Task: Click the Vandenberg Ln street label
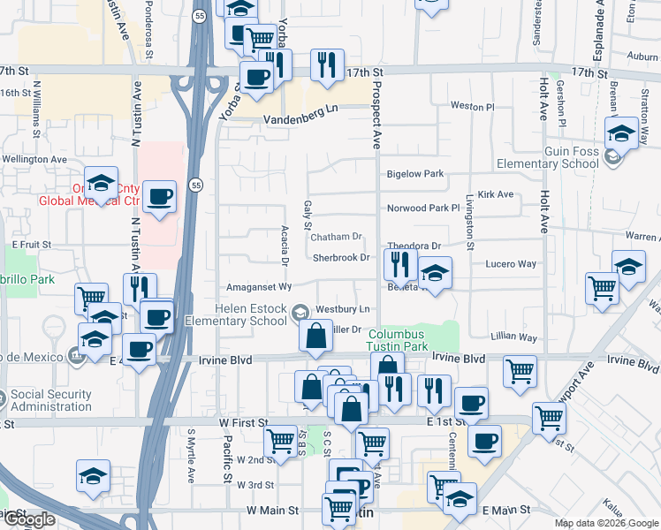[299, 108]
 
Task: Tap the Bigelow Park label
[415, 174]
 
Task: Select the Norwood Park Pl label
[424, 208]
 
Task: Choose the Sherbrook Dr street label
[340, 257]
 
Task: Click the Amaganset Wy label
[259, 287]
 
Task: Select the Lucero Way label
[511, 263]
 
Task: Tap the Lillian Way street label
[514, 337]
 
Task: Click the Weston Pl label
[473, 106]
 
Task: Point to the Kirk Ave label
[495, 194]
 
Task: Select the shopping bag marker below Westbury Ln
[315, 336]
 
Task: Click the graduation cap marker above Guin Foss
[621, 133]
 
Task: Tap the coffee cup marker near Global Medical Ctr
[159, 196]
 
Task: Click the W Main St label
[275, 510]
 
